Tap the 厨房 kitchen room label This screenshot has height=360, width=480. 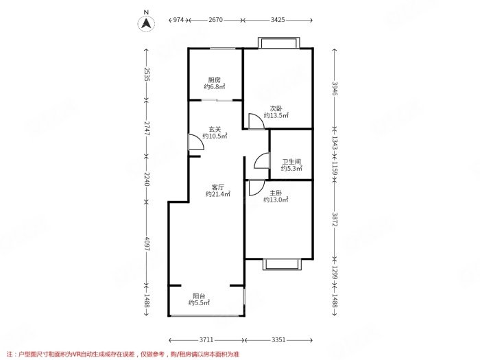tap(214, 80)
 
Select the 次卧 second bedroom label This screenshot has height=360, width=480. tap(276, 108)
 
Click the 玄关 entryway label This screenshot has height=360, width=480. tap(215, 130)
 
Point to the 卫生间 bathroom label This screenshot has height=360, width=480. tap(291, 162)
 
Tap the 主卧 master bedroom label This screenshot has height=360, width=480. tap(276, 193)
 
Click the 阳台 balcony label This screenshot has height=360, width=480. tap(199, 296)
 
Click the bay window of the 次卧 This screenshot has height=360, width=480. tap(278, 43)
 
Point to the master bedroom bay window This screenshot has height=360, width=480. tap(282, 265)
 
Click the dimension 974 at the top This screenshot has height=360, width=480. tap(178, 20)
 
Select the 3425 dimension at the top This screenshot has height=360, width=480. tap(278, 20)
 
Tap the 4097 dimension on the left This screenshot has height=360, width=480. tap(146, 244)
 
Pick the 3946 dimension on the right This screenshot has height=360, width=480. tap(335, 88)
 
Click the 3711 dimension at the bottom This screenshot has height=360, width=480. tap(206, 340)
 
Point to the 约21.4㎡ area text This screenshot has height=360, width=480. tap(217, 194)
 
